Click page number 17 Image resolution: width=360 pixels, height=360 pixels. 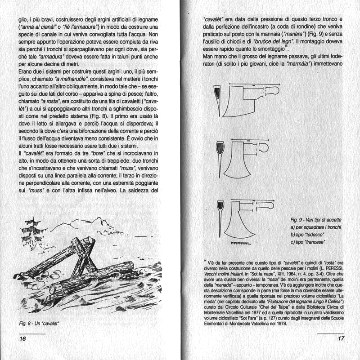[x=340, y=338]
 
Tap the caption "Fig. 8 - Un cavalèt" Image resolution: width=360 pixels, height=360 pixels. [x=40, y=323]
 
